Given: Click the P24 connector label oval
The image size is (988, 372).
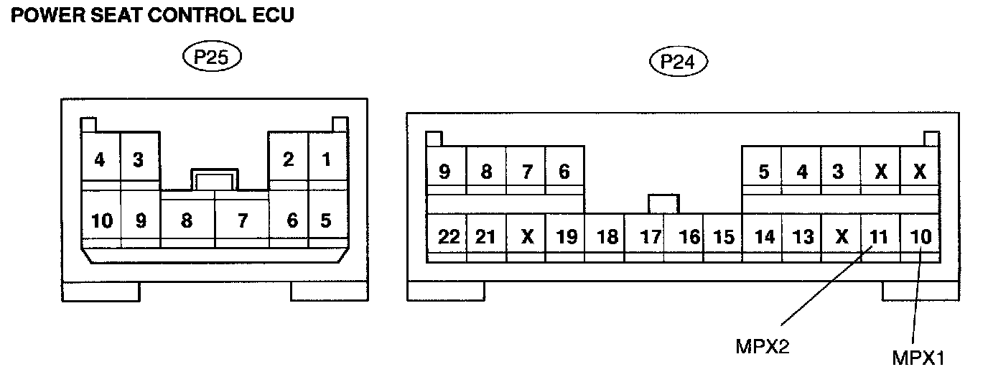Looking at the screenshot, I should click(678, 62).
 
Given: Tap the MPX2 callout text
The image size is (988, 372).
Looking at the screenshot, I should click(762, 346).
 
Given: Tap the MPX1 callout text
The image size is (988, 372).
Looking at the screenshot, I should click(918, 357).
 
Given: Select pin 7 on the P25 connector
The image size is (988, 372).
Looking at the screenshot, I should click(243, 220).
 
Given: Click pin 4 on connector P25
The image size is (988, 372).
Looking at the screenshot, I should click(100, 159).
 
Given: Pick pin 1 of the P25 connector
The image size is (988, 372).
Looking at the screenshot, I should click(327, 159).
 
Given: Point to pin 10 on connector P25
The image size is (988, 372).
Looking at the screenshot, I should click(102, 220).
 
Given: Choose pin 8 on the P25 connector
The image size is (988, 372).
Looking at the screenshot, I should click(187, 220).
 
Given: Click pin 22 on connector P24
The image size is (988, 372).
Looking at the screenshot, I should click(448, 236).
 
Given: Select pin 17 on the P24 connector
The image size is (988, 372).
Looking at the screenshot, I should click(651, 236).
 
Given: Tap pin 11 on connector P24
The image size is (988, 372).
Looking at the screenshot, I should click(879, 236).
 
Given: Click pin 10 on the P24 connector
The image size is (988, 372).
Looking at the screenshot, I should click(919, 236).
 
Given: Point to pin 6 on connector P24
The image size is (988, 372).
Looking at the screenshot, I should click(564, 172).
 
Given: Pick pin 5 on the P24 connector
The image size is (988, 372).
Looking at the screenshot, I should click(763, 172).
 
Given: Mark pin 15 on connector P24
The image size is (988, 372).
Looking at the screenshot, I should click(724, 236).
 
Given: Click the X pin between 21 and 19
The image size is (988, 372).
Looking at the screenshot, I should click(528, 236).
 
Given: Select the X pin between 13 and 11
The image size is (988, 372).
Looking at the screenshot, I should click(841, 236).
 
